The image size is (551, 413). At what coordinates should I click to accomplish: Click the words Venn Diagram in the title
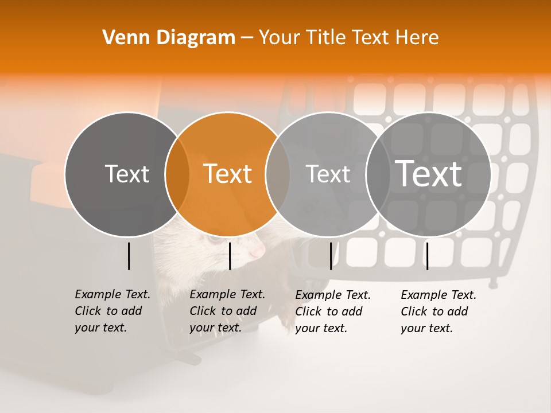[169, 38]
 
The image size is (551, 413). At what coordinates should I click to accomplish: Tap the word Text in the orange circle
[228, 174]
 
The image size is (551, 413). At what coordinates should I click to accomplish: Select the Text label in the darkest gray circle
[127, 174]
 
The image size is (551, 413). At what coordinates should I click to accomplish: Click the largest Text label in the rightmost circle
[428, 174]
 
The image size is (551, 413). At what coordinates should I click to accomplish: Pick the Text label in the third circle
[328, 174]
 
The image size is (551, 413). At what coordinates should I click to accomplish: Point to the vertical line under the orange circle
[230, 256]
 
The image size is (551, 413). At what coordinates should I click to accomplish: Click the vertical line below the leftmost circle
[129, 256]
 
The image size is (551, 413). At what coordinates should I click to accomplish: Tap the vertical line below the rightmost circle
[427, 256]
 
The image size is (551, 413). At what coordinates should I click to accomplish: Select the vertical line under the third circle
[331, 256]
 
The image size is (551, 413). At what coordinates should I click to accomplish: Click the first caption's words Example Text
[112, 294]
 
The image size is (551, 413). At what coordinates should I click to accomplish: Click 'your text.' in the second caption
[215, 328]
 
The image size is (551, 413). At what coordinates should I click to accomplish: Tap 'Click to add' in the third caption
[329, 311]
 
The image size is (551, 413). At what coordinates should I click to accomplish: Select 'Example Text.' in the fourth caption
[439, 295]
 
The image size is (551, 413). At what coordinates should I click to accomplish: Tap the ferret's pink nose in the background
[259, 251]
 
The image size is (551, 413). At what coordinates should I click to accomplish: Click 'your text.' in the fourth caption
[426, 328]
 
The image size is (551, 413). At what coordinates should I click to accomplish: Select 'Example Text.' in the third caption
[333, 295]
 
